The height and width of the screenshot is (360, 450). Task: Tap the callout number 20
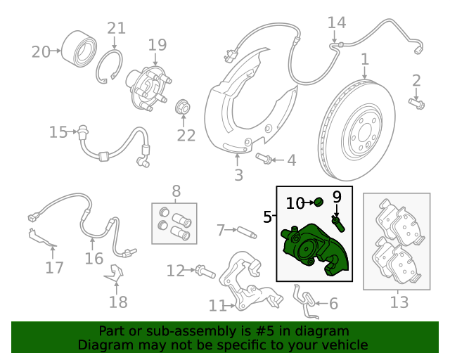coord(41,52)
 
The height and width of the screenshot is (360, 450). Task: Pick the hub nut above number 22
coord(183,107)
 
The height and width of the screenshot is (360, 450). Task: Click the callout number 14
coord(337,22)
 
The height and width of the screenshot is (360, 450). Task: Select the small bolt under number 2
coord(417,103)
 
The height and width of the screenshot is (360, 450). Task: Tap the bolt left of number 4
coord(264,158)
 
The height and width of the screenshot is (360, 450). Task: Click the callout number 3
coord(239,175)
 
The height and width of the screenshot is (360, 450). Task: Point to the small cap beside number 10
coord(319,202)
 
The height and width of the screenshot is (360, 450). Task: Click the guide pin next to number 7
coord(247,232)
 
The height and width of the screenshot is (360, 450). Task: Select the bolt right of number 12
coord(205,271)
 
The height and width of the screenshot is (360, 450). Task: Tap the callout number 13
coord(399,302)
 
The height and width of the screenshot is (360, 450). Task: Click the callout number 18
coord(118,302)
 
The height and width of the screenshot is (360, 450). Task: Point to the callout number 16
coord(94,258)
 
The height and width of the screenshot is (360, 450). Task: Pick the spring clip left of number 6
coord(306,302)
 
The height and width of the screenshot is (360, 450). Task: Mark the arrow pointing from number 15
coord(72,132)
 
